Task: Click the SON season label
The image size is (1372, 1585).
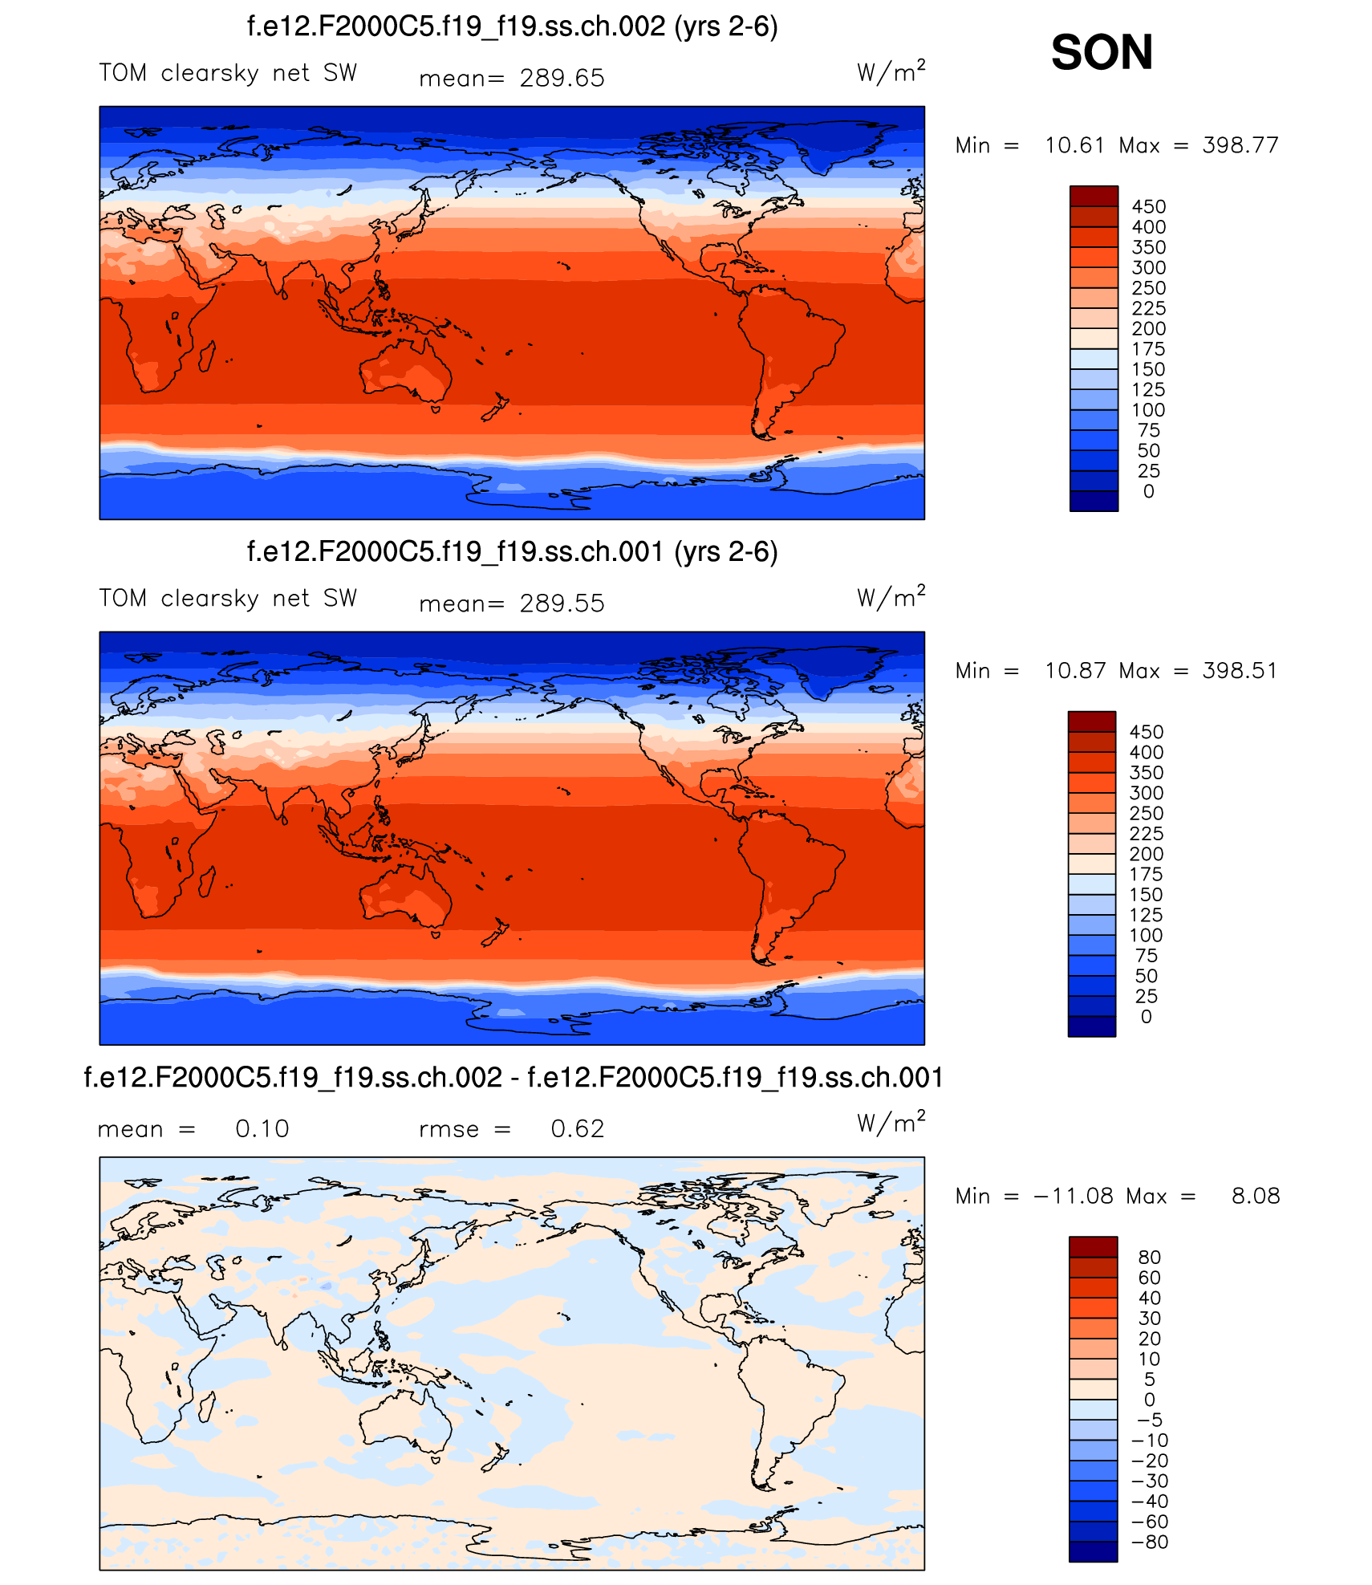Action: pyautogui.click(x=1102, y=53)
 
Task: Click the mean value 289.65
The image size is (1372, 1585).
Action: pyautogui.click(x=562, y=79)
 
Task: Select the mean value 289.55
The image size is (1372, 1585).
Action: pyautogui.click(x=562, y=604)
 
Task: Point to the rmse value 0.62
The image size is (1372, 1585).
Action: pyautogui.click(x=577, y=1129)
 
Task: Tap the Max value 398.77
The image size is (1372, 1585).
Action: pyautogui.click(x=1240, y=145)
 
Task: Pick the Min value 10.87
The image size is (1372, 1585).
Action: pyautogui.click(x=1074, y=671)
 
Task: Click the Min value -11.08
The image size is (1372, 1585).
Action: pyautogui.click(x=1073, y=1197)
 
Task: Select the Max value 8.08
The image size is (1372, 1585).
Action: pyautogui.click(x=1256, y=1197)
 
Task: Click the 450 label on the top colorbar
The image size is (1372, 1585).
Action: pyautogui.click(x=1148, y=207)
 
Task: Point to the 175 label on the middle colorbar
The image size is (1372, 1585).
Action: pyautogui.click(x=1146, y=875)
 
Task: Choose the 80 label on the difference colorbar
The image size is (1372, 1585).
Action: pyautogui.click(x=1149, y=1258)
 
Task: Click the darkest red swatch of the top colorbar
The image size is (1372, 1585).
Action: pyautogui.click(x=1094, y=197)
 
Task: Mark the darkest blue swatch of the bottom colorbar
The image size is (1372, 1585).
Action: pyautogui.click(x=1093, y=1551)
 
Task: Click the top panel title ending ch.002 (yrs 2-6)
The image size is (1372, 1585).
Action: pyautogui.click(x=512, y=27)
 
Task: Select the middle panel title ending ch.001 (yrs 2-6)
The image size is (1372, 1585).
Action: pyautogui.click(x=512, y=552)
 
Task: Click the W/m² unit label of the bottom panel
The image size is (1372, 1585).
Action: pyautogui.click(x=891, y=1123)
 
